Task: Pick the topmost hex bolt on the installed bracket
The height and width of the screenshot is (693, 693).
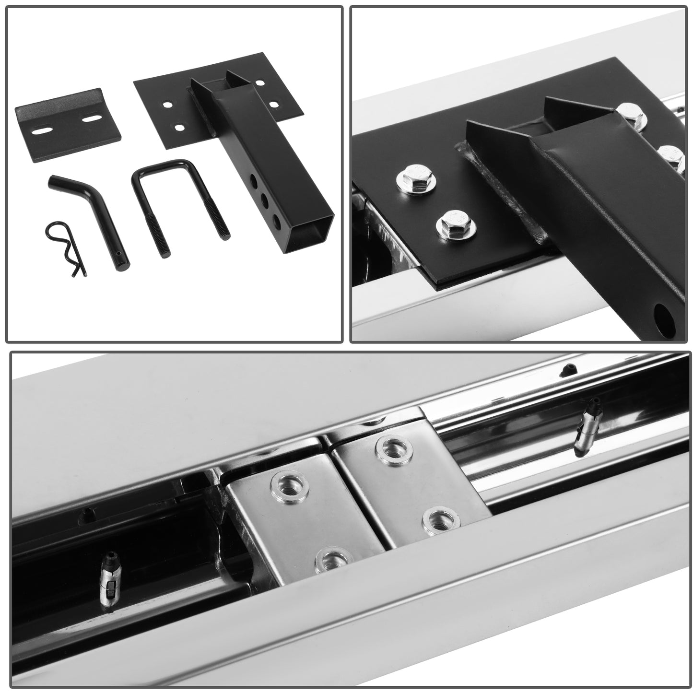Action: pos(630,113)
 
